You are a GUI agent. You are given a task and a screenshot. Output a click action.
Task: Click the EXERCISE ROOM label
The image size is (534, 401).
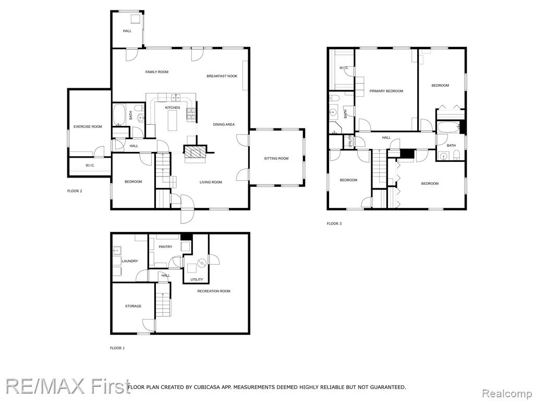(88, 126)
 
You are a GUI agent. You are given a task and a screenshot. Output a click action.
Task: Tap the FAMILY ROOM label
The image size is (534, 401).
(156, 72)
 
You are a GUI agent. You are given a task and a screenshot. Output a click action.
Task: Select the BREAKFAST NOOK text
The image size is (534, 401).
(222, 76)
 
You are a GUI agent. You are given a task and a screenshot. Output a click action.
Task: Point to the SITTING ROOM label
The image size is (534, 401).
(276, 158)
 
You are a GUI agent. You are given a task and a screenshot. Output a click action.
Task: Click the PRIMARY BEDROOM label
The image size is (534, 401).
(386, 91)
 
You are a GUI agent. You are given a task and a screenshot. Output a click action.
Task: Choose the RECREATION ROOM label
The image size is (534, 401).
(213, 291)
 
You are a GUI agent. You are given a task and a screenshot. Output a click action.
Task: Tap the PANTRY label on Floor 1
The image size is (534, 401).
(165, 246)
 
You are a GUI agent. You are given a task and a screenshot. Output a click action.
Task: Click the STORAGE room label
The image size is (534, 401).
(133, 306)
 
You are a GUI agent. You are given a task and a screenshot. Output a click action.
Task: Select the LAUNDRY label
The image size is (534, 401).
(130, 261)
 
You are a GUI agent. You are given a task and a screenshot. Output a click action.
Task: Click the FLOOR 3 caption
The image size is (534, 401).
(334, 223)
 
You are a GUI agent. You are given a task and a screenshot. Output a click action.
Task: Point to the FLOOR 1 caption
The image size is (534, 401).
(117, 348)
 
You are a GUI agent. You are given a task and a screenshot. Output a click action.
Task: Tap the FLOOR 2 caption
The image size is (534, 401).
(75, 191)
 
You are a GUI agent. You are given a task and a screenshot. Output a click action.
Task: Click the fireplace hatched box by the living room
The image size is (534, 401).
(196, 151)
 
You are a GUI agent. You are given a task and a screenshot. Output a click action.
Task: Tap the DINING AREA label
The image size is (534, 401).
(224, 124)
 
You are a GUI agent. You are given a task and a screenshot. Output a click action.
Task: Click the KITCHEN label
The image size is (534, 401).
(172, 108)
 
